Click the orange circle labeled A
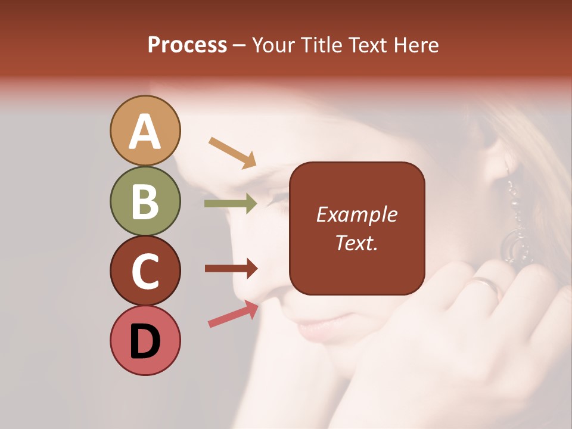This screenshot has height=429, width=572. coord(145,131)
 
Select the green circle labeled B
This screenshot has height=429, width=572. coord(145,201)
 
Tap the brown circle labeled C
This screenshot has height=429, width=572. coord(145,271)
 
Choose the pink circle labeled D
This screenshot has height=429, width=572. coord(145,340)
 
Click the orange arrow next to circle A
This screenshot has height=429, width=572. coord(232,151)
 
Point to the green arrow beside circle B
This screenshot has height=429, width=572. coord(231,203)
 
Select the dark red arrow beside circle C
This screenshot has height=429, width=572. coord(231,268)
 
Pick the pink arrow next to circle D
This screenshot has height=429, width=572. coord(233,314)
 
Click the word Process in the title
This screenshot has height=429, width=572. coord(187,45)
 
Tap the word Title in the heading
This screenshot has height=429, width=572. coord(322,45)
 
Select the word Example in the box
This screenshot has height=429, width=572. coord(356,214)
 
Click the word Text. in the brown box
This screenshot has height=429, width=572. coord(356,243)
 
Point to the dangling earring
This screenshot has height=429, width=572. coord(513,226)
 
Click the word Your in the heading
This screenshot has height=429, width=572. coord(275,45)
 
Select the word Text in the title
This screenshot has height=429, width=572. coord(368,45)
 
